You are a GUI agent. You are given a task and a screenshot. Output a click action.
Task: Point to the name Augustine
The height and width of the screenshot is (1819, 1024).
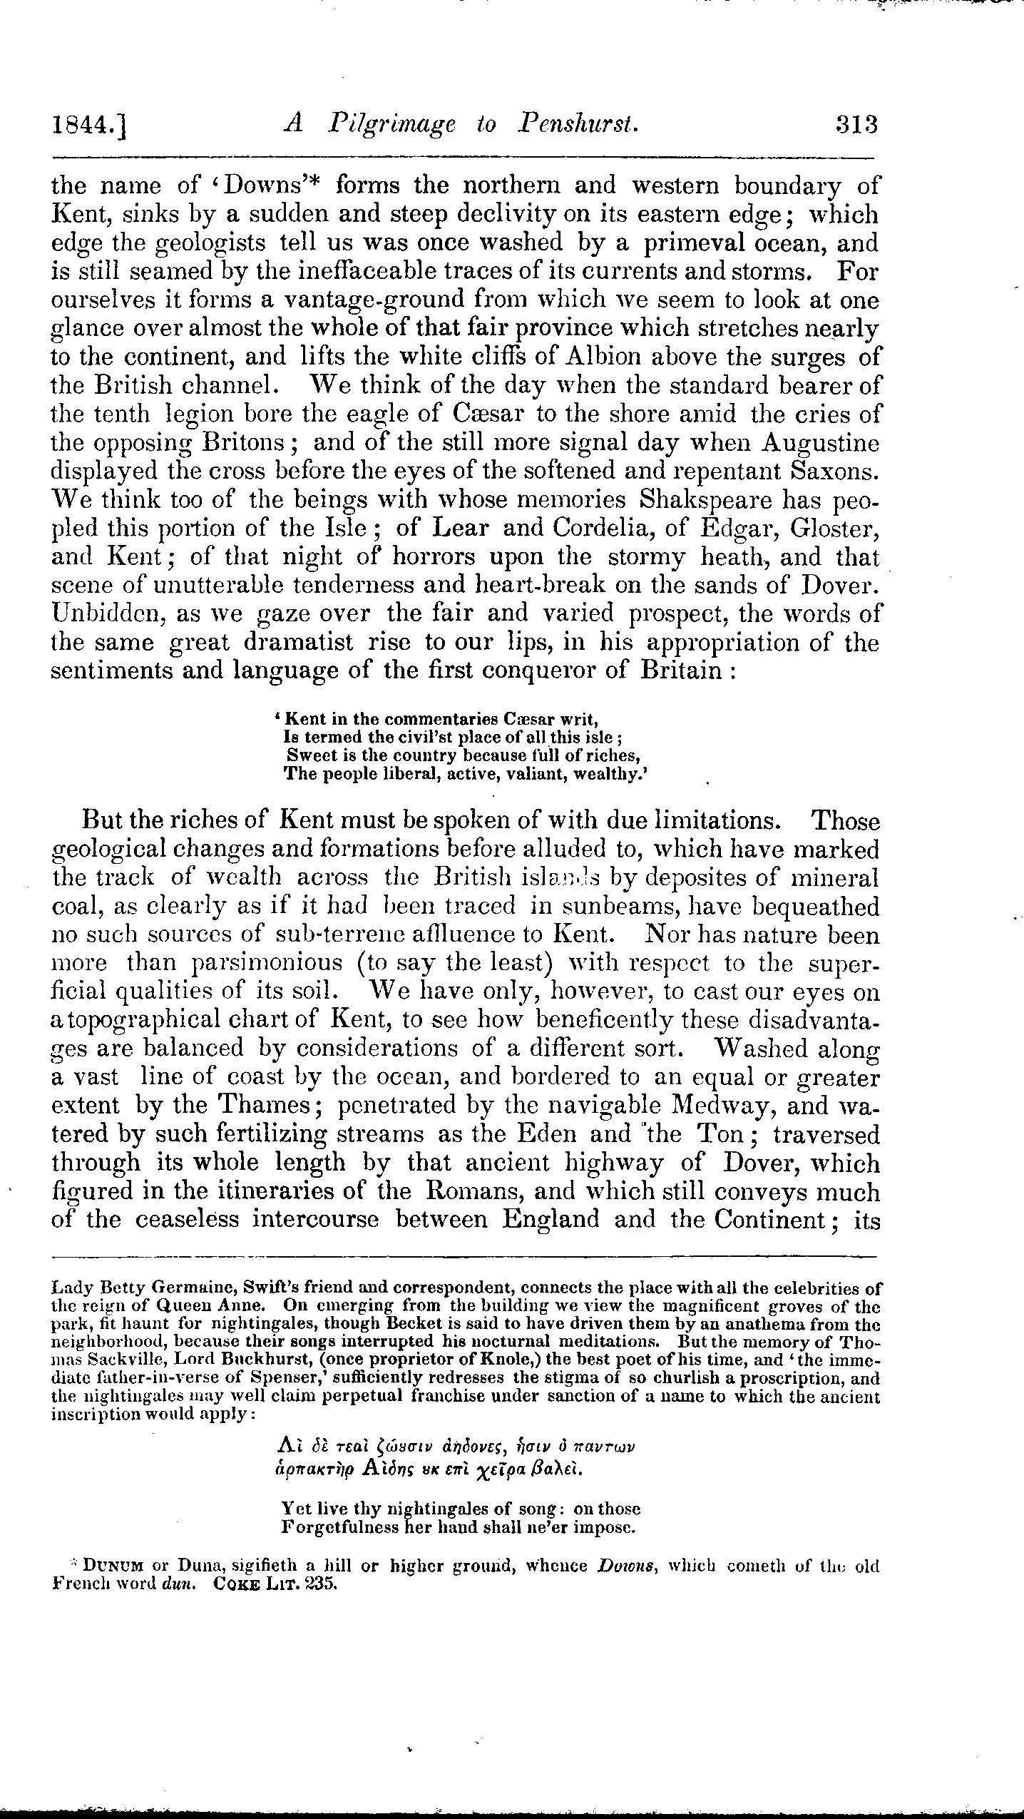[x=820, y=442]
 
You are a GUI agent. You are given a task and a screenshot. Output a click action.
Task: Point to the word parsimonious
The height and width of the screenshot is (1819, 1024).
[x=267, y=963]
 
